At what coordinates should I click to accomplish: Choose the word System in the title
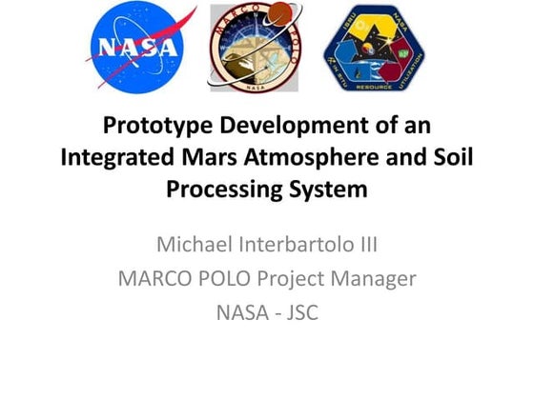(x=329, y=189)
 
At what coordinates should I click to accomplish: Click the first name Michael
(x=195, y=246)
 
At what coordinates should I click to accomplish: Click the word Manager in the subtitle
(x=381, y=279)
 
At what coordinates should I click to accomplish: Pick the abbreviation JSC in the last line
(x=298, y=311)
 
